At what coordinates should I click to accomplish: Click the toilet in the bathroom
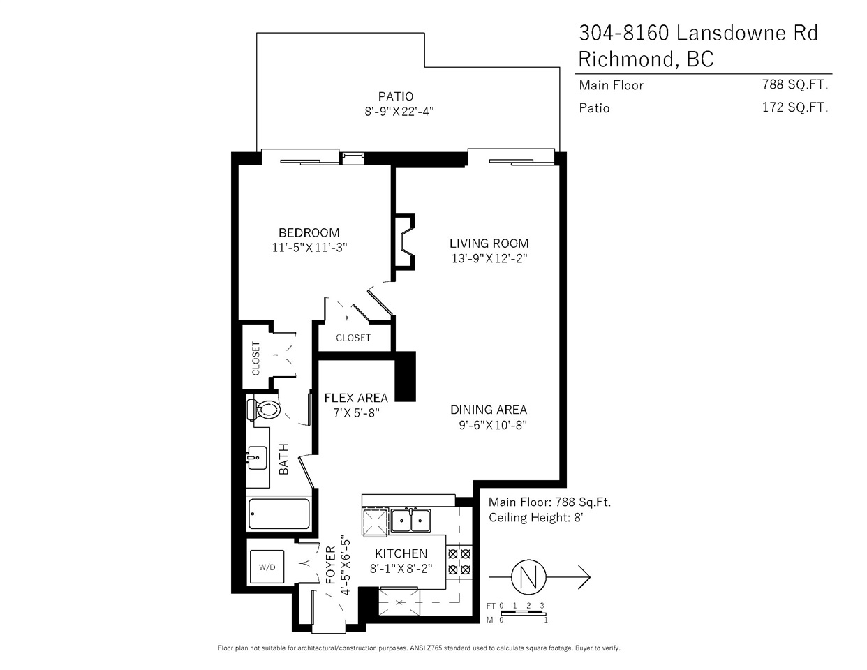pyautogui.click(x=264, y=409)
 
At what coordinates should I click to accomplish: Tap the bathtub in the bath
pyautogui.click(x=279, y=514)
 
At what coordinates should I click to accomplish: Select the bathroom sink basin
pyautogui.click(x=257, y=458)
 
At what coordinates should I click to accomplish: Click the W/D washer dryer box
pyautogui.click(x=267, y=567)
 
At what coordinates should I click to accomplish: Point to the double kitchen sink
pyautogui.click(x=410, y=521)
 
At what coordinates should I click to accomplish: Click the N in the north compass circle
pyautogui.click(x=528, y=576)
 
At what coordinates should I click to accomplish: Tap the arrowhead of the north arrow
pyautogui.click(x=584, y=576)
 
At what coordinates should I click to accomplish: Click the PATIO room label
pyautogui.click(x=396, y=96)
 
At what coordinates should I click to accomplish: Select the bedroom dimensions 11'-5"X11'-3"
pyautogui.click(x=310, y=248)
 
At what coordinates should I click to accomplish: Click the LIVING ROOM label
pyautogui.click(x=489, y=244)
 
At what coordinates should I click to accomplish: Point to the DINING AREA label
pyautogui.click(x=489, y=410)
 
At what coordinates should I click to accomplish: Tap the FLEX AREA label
pyautogui.click(x=356, y=398)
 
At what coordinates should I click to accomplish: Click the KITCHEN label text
pyautogui.click(x=401, y=553)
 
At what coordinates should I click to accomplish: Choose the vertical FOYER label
pyautogui.click(x=331, y=565)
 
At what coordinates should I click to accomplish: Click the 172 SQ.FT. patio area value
pyautogui.click(x=795, y=107)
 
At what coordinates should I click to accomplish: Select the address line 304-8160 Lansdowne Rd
pyautogui.click(x=698, y=33)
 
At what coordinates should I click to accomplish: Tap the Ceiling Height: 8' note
pyautogui.click(x=536, y=518)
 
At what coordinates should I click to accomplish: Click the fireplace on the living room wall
pyautogui.click(x=405, y=241)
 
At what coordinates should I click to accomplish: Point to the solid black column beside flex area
pyautogui.click(x=405, y=376)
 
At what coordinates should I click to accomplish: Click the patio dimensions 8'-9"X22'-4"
pyautogui.click(x=399, y=111)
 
